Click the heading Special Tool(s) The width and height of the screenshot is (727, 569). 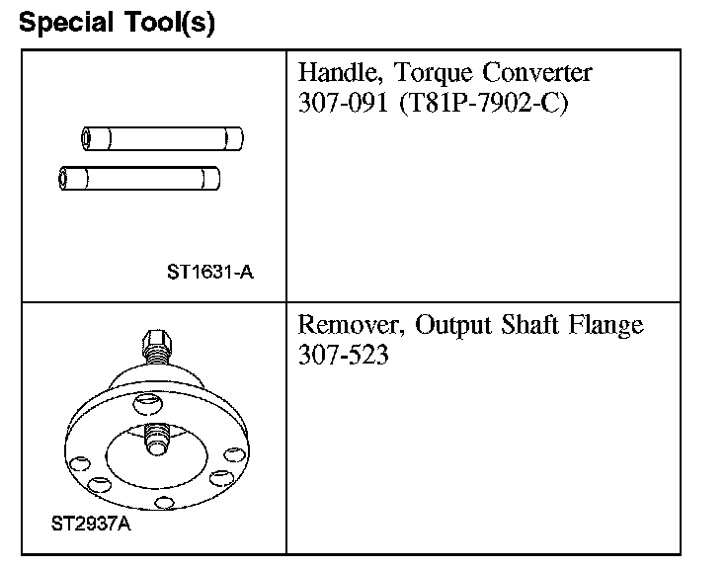(117, 23)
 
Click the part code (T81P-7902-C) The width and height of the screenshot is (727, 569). (483, 105)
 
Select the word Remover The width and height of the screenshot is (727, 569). (350, 326)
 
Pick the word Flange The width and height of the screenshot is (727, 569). (611, 326)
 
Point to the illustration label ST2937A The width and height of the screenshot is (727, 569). (90, 524)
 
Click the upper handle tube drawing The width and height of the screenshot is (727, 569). (162, 137)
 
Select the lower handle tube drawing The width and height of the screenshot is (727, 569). (139, 179)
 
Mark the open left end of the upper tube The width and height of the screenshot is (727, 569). (86, 137)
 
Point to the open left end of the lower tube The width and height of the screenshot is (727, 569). (65, 179)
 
